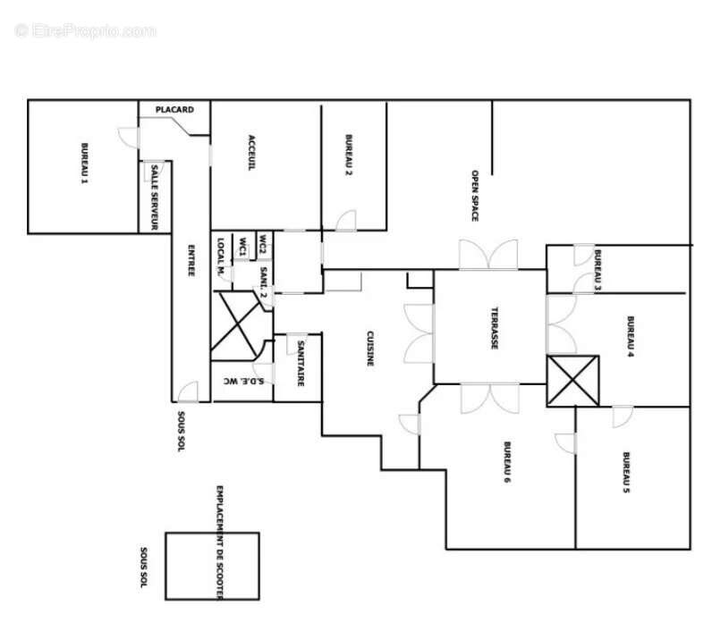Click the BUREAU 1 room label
coord(85,164)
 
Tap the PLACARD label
coord(174,110)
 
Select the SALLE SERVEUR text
coord(154,197)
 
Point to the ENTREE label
coord(191,260)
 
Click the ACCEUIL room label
coord(252,153)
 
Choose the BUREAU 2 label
coord(349,155)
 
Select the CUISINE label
coord(369,349)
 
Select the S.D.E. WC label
coord(243,382)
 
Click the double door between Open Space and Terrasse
coord(488,256)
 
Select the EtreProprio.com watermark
coord(85,30)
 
